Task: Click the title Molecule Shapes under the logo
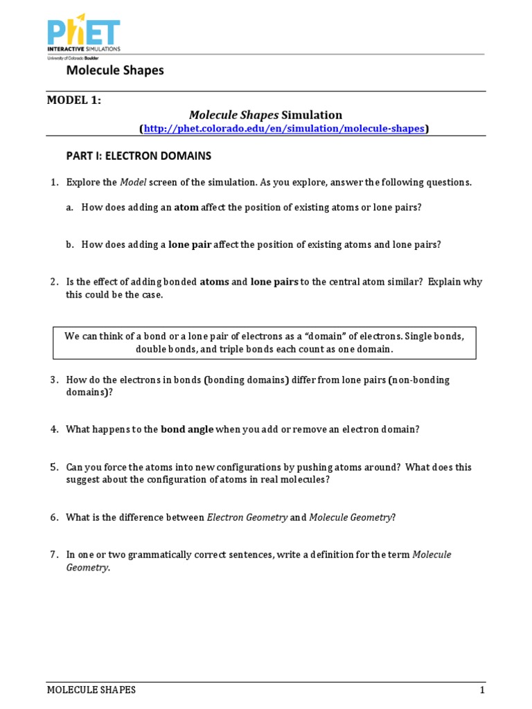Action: (115, 71)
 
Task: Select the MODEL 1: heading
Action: (74, 100)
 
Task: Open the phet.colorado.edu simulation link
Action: (284, 128)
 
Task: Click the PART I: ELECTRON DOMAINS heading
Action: (139, 156)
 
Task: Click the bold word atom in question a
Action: (186, 207)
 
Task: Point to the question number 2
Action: (53, 282)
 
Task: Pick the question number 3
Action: (53, 379)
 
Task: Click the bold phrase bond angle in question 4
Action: (187, 429)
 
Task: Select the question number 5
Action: (53, 467)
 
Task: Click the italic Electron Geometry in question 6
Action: (247, 517)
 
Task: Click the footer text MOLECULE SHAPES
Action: (91, 690)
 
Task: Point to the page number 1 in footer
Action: (482, 690)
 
